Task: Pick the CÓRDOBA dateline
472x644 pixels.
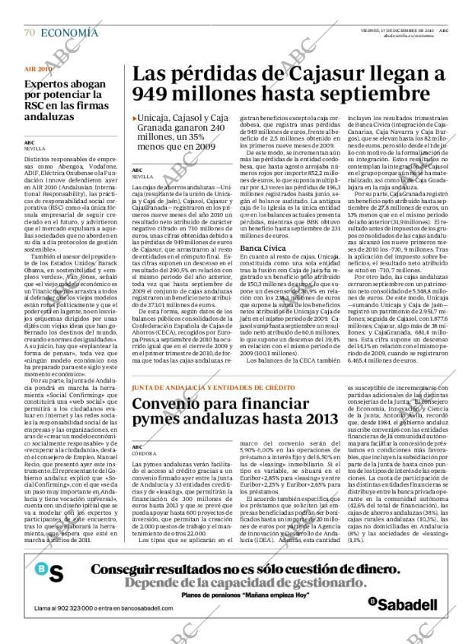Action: pos(145,453)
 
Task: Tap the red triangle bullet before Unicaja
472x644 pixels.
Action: pos(134,118)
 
